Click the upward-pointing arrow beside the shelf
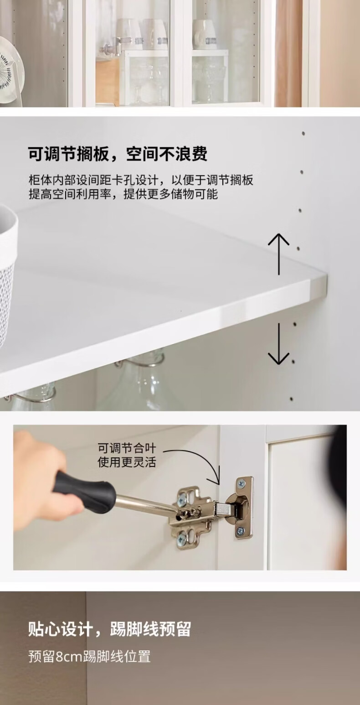pos(278,254)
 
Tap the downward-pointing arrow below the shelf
pos(278,343)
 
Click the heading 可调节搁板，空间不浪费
pos(118,154)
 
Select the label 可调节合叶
pos(127,448)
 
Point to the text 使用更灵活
pos(127,462)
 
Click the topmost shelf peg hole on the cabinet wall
pos(303,134)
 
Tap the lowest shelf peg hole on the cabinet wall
pos(292,399)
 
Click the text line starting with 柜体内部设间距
pos(141,180)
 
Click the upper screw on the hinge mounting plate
pos(182,500)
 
